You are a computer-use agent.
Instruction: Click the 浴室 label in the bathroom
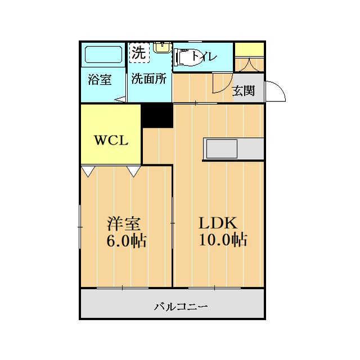click(100, 79)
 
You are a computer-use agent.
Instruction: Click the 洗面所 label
click(149, 79)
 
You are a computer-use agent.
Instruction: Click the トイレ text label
click(205, 56)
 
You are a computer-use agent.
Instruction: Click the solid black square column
click(157, 115)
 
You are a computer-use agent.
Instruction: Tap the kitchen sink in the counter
click(222, 149)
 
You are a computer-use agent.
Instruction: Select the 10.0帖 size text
click(222, 240)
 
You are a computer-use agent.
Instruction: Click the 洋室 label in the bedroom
click(124, 223)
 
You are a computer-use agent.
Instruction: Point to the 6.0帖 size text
click(127, 241)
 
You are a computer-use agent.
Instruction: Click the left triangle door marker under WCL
click(88, 171)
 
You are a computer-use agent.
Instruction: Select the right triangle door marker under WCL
click(133, 171)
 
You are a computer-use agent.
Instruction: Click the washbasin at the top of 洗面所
click(163, 47)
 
